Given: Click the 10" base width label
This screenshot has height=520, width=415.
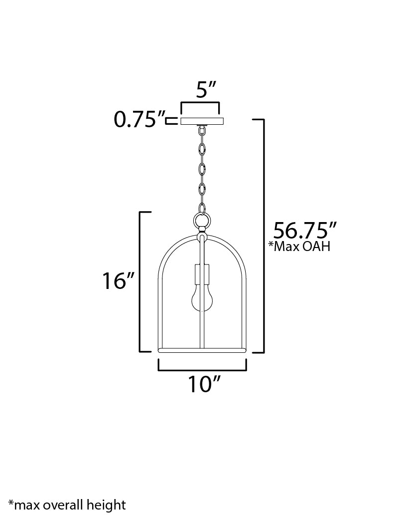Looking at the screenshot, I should coord(204,384).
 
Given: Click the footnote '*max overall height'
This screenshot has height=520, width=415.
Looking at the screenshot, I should coord(67,505).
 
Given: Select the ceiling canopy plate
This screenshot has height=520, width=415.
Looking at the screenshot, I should coord(202,121).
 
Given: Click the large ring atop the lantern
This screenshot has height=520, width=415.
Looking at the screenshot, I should coord(202,220).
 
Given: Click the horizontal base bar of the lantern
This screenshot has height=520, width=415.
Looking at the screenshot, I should coord(202,351).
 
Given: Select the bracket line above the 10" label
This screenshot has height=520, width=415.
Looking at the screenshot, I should coord(202,370).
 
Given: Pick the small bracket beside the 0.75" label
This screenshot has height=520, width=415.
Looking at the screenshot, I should coord(171,120).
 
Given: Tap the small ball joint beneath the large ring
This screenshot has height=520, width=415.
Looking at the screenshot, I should coord(202,231).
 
